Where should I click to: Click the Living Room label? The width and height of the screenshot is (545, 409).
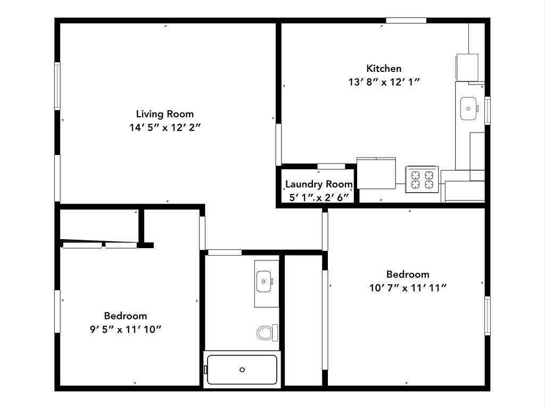pyautogui.click(x=165, y=113)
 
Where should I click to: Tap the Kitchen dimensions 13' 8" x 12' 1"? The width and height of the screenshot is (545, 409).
pyautogui.click(x=384, y=82)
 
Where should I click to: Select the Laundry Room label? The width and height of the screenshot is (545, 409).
pyautogui.click(x=319, y=184)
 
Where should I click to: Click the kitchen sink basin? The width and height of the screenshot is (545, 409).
pyautogui.click(x=468, y=109)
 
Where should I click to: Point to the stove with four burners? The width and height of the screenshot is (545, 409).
pyautogui.click(x=422, y=178)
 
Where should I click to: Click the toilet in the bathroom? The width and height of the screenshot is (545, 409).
pyautogui.click(x=267, y=333)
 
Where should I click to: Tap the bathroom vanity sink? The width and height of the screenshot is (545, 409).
pyautogui.click(x=265, y=281)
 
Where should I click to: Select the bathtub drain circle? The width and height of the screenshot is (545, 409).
pyautogui.click(x=242, y=369)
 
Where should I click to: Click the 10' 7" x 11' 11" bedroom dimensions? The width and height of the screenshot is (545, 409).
pyautogui.click(x=408, y=288)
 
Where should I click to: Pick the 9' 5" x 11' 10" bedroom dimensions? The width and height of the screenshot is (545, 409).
pyautogui.click(x=126, y=329)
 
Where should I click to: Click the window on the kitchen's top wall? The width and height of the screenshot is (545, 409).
pyautogui.click(x=406, y=21)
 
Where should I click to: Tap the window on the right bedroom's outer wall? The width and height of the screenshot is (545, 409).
pyautogui.click(x=487, y=315)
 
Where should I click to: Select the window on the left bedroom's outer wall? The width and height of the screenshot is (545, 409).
pyautogui.click(x=57, y=311)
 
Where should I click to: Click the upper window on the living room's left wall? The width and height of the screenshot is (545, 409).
pyautogui.click(x=57, y=86)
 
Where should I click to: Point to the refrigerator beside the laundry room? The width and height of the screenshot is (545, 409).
pyautogui.click(x=376, y=173)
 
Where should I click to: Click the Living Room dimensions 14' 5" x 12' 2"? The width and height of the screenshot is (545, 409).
pyautogui.click(x=165, y=127)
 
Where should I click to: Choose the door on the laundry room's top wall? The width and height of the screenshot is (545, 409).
pyautogui.click(x=331, y=167)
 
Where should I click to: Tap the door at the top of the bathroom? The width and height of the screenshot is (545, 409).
pyautogui.click(x=224, y=252)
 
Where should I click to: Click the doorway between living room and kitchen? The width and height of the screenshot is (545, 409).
pyautogui.click(x=278, y=144)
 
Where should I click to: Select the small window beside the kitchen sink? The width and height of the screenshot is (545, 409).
pyautogui.click(x=487, y=110)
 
